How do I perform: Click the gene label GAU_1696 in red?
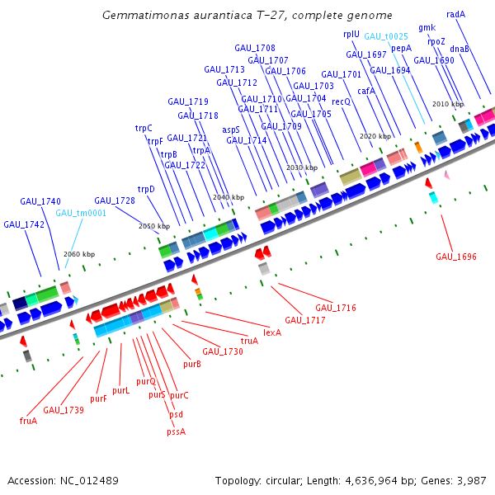[x=456, y=257]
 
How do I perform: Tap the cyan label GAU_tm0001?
[x=81, y=213]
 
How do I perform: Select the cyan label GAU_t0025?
[x=386, y=36]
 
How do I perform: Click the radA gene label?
[x=455, y=14]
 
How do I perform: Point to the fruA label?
[x=29, y=421]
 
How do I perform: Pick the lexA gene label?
[x=272, y=332]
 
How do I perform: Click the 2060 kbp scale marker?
[x=79, y=254]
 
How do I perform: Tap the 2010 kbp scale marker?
[x=448, y=104]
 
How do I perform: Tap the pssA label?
[x=177, y=431]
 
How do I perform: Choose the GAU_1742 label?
[x=24, y=224]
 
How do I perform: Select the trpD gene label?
[x=146, y=189]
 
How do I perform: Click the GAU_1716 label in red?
[x=335, y=308]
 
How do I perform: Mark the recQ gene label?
[x=342, y=101]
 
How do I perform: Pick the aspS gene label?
[x=231, y=130]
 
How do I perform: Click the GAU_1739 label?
[x=64, y=410]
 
